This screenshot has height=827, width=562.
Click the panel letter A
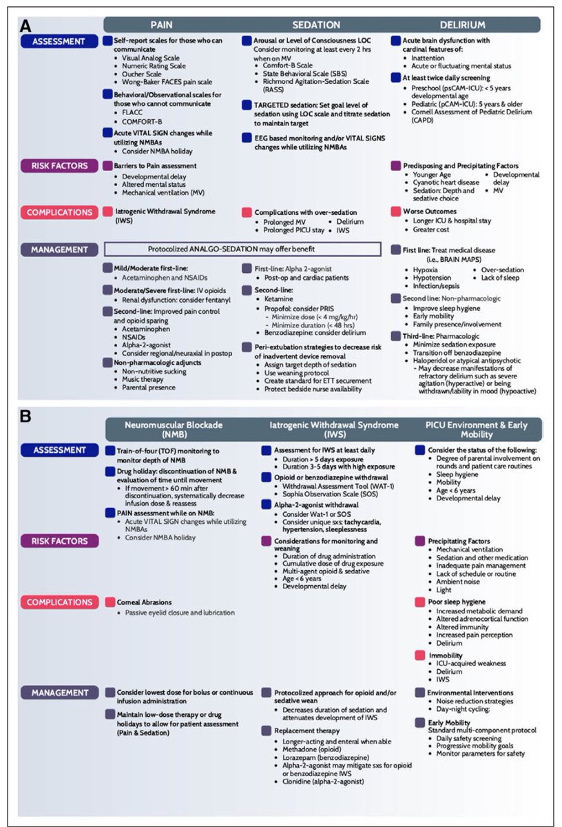click(x=25, y=27)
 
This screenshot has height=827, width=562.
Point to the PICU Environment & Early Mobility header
click(x=472, y=429)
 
